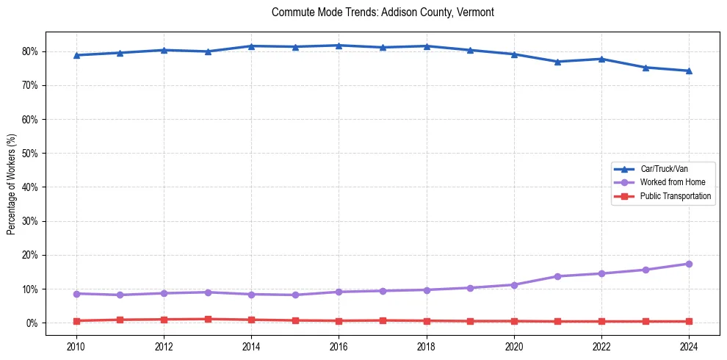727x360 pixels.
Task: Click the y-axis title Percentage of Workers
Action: coord(12,184)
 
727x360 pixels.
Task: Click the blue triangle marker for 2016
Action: coord(339,46)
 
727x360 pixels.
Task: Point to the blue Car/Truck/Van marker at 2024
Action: coord(689,71)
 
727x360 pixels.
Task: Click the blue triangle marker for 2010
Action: coord(76,55)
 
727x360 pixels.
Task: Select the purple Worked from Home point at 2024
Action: coord(689,264)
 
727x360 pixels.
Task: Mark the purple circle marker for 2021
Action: coord(557,276)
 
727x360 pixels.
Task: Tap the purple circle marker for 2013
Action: coord(208,292)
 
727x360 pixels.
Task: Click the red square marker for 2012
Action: coord(164,320)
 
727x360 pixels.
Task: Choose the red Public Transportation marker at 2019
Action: coord(470,321)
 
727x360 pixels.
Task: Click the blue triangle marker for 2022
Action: coord(601,59)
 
